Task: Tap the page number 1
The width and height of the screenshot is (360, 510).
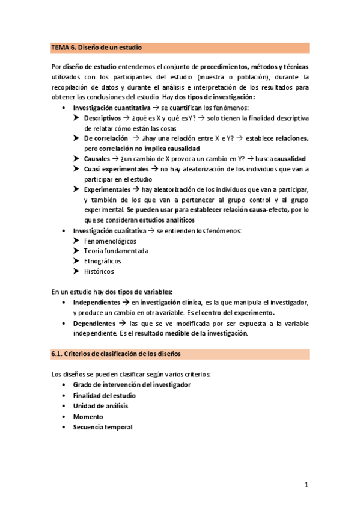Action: coord(306,485)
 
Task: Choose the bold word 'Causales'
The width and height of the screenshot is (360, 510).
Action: coord(97,159)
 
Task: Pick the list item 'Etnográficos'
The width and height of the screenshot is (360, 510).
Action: coord(102,261)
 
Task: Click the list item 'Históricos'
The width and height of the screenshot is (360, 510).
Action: coord(99,271)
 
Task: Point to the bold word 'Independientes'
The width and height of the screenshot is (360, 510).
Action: coord(96,302)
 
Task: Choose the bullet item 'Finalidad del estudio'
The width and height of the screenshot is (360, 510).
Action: coord(104,395)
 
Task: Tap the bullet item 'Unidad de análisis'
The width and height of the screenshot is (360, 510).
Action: coord(100,405)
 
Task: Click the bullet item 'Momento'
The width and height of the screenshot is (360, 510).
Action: coord(88,416)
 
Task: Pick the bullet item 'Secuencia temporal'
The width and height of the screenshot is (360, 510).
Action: coord(102,426)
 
